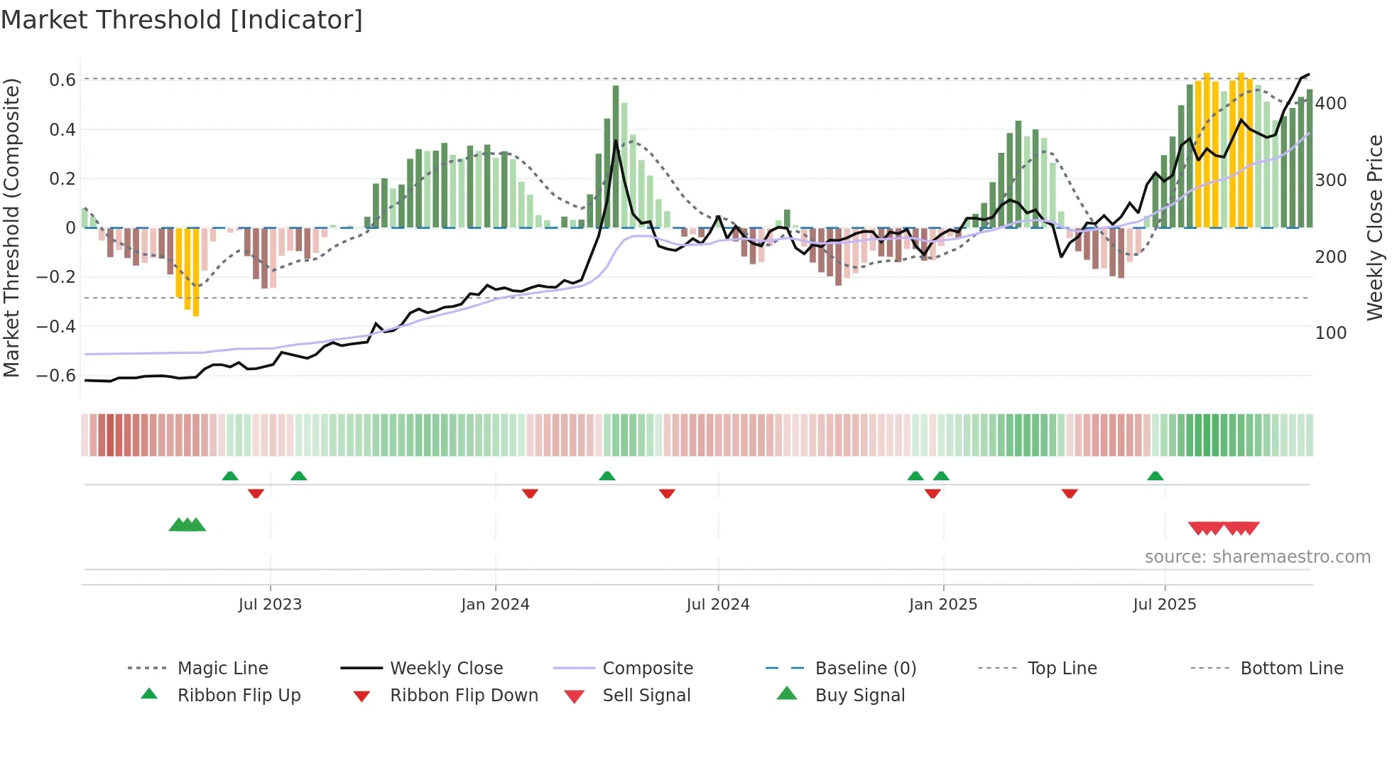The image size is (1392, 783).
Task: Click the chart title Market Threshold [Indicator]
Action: [182, 20]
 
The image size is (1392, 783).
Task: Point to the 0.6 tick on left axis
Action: [62, 80]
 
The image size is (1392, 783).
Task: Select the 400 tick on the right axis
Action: [1330, 104]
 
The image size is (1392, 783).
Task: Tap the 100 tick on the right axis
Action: [1330, 333]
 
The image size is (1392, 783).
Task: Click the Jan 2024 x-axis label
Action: [495, 605]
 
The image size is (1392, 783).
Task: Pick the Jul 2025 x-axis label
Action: [1164, 605]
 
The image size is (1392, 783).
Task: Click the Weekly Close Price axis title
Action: [1375, 227]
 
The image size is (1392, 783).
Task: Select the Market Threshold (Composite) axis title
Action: [11, 227]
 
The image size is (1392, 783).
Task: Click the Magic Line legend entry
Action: [222, 669]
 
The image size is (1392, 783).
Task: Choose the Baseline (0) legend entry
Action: [865, 669]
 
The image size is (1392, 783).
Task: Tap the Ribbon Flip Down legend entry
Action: [463, 696]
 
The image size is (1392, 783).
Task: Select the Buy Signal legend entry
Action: [859, 696]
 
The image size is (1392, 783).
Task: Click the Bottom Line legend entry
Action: [1291, 669]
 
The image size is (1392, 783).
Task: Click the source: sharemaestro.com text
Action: [1257, 557]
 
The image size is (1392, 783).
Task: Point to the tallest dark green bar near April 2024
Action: [616, 156]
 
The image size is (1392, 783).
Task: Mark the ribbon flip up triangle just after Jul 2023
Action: [298, 476]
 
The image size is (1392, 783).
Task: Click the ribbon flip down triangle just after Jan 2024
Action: [530, 493]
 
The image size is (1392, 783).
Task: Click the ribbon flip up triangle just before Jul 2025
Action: [1156, 476]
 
